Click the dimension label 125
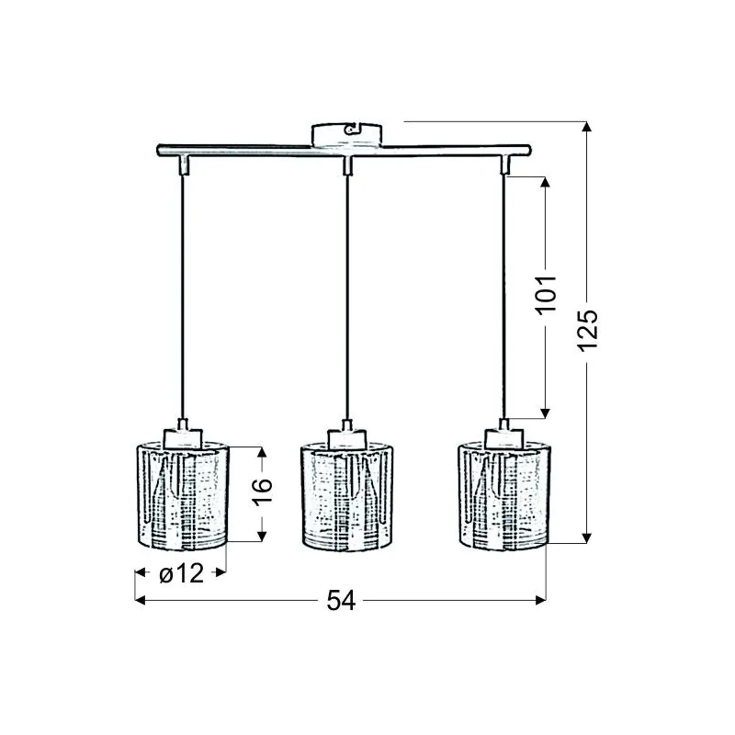pos(588,331)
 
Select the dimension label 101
pos(546,295)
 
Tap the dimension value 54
pos(341,600)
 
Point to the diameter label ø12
pos(181,572)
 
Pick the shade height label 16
pos(263,492)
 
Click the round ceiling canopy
pos(347,135)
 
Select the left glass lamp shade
pos(182,495)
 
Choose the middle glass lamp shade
pos(347,496)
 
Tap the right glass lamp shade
pos(503,496)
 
